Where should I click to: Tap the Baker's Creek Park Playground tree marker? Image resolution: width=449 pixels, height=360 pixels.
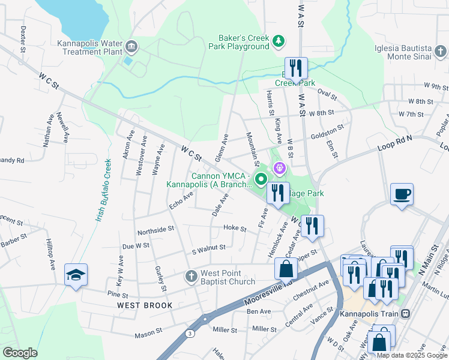click(277, 41)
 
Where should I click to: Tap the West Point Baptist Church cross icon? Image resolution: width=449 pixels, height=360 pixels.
click(191, 277)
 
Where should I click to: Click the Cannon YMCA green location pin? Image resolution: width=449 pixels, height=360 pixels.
click(261, 178)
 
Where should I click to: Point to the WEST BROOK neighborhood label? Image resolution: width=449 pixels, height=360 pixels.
click(145, 305)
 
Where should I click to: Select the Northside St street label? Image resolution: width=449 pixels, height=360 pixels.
click(155, 229)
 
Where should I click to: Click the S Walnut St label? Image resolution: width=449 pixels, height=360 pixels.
click(208, 247)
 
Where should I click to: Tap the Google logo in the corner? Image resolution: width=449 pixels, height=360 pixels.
click(20, 353)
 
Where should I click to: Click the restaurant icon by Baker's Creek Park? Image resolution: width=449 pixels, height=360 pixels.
click(295, 68)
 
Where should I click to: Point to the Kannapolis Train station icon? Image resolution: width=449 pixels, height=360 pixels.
click(406, 314)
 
